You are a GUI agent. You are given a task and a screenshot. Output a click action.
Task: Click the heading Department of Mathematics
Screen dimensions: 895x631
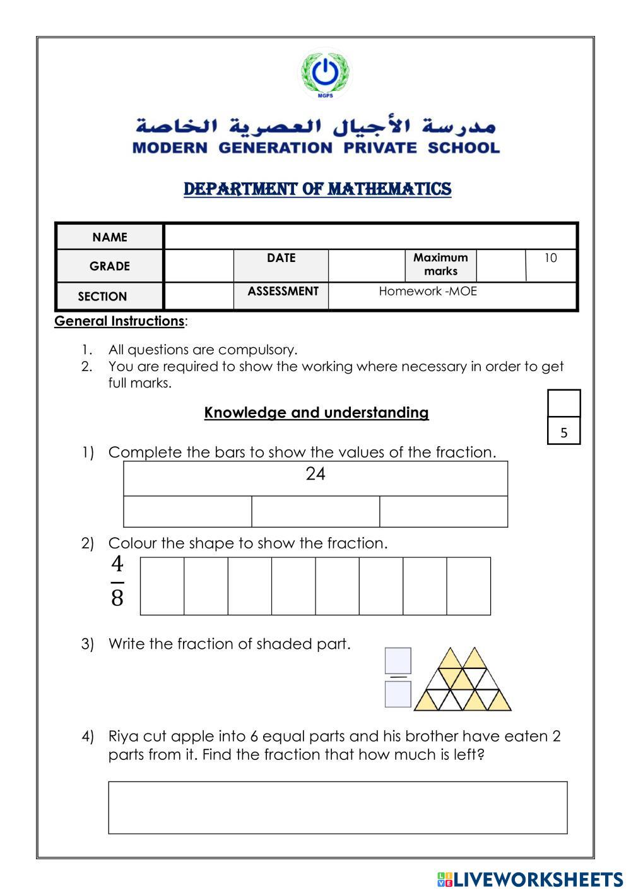point(317,189)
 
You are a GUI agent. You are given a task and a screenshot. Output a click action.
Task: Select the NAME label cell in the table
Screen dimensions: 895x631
point(110,237)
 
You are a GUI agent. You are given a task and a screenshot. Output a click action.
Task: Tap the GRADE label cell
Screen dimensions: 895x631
point(110,266)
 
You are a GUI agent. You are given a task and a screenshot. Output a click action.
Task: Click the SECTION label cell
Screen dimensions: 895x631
point(102,297)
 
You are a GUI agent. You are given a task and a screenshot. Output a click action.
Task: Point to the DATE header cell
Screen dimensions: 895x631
point(281,258)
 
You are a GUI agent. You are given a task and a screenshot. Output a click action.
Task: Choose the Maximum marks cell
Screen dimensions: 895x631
point(440,264)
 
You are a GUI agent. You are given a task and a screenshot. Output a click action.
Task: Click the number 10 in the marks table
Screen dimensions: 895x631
point(550,258)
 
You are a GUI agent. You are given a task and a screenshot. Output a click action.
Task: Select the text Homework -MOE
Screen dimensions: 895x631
point(427,292)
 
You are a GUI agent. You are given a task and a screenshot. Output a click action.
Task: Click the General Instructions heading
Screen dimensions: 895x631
point(119,321)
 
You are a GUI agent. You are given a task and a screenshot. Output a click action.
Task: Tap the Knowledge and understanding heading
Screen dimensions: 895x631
point(316,413)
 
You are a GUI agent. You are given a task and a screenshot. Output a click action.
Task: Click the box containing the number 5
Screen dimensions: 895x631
point(563,432)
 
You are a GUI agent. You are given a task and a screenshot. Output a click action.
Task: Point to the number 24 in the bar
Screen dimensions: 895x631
point(315,474)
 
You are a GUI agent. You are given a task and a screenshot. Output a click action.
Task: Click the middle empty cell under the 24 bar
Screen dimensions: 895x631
point(315,511)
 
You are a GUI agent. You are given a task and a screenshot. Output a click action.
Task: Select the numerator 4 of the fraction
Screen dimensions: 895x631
point(117,564)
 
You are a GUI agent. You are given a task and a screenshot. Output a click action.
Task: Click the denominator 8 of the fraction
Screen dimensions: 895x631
point(117,598)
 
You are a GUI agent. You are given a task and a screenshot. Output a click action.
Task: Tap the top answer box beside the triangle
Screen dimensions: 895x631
point(398,661)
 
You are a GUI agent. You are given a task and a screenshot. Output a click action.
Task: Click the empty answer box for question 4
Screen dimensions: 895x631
point(338,807)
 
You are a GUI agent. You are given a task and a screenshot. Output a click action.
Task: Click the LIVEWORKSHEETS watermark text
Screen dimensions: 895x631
point(537,880)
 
